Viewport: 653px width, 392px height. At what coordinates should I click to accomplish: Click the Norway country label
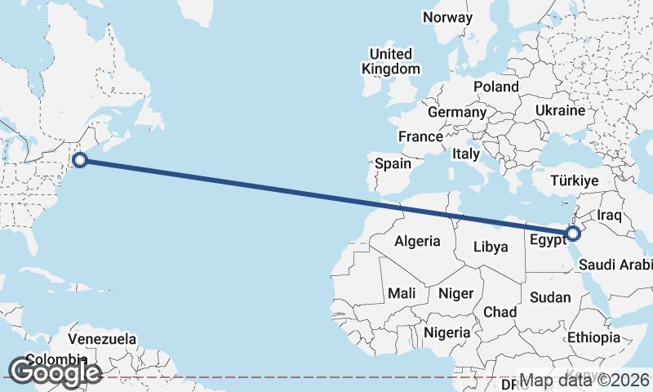[447, 17]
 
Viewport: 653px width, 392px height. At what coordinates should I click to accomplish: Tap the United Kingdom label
[392, 62]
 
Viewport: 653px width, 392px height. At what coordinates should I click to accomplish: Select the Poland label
[495, 87]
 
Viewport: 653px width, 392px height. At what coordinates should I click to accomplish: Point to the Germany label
[457, 112]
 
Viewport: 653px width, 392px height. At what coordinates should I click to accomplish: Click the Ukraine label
[561, 110]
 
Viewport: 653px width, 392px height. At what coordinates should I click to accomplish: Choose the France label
[420, 136]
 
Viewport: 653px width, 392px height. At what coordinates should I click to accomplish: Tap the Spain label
[393, 163]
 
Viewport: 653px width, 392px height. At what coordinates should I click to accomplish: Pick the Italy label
[466, 154]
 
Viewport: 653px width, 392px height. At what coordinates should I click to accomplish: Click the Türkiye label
[575, 180]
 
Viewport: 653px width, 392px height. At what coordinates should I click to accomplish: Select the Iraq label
[610, 216]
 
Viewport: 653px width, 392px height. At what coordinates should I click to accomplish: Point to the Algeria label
[417, 241]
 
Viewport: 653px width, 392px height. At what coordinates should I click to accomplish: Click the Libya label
[491, 246]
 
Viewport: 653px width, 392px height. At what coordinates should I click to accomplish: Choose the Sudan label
[550, 297]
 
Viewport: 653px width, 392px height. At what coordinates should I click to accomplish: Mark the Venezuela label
[102, 338]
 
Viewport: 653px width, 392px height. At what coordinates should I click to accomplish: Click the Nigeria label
[446, 332]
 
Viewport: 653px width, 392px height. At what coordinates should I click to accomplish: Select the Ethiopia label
[594, 337]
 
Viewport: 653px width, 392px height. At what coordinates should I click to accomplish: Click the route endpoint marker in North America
[80, 160]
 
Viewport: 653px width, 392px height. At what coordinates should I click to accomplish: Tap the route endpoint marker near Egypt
[572, 234]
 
